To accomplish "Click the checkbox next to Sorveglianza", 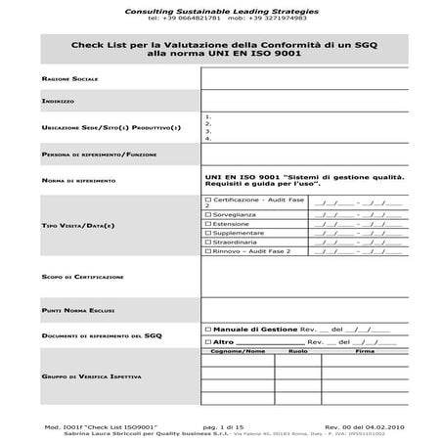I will click(x=206, y=213).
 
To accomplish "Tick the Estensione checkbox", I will click(x=206, y=224).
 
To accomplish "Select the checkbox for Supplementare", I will click(x=206, y=234).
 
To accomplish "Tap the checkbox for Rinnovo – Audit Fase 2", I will click(x=206, y=252).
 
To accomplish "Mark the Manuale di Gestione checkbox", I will click(x=206, y=329).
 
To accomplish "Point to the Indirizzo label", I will click(x=59, y=101).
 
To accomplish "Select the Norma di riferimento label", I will click(x=79, y=181).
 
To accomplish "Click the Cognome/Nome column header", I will click(x=239, y=351).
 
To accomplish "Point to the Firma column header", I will click(x=365, y=351).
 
